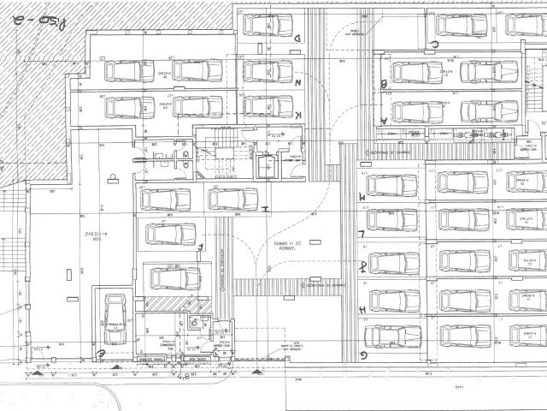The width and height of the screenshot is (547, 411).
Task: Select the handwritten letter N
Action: pyautogui.click(x=297, y=83)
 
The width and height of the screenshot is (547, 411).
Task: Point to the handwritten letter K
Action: pyautogui.click(x=297, y=115)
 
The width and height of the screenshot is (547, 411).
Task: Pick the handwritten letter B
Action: pyautogui.click(x=385, y=84)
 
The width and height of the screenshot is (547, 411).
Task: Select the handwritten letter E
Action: pyautogui.click(x=101, y=352)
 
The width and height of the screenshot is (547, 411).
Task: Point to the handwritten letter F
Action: pyautogui.click(x=200, y=247)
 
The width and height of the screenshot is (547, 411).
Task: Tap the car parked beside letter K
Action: pyautogui.click(x=267, y=105)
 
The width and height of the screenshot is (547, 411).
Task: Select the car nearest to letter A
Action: pyautogui.click(x=417, y=111)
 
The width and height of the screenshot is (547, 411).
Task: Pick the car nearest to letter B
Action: pyautogui.click(x=417, y=72)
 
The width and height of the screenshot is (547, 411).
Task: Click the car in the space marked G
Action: pyautogui.click(x=392, y=335)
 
